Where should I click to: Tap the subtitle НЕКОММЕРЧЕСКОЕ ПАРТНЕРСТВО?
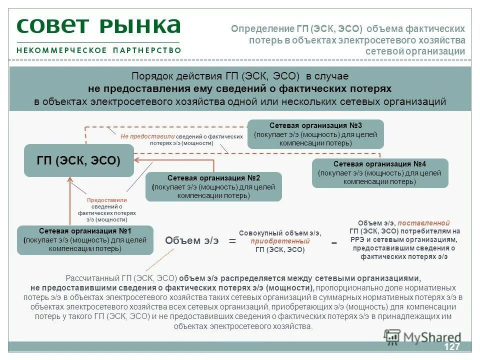coord(98,50)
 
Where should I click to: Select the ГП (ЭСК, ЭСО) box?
coord(79,160)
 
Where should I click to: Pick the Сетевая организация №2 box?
coord(213,186)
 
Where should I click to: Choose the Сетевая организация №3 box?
coord(315,134)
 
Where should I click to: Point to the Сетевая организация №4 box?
coord(380,173)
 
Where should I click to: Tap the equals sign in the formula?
coord(232,241)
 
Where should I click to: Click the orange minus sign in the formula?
coord(334,242)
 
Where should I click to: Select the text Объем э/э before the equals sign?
coord(192,240)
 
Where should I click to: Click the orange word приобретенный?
coord(280,241)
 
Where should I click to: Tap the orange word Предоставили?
coord(106,200)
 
